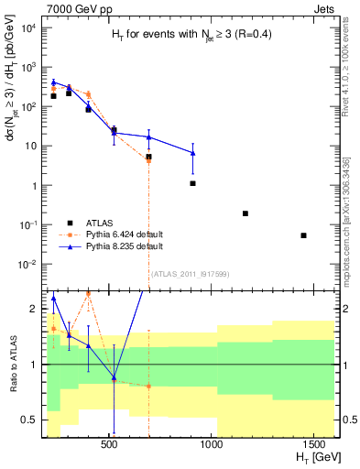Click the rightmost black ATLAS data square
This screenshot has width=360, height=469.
tap(303, 235)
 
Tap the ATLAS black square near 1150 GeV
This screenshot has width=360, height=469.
tap(245, 213)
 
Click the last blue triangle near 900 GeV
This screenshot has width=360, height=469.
tap(192, 152)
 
